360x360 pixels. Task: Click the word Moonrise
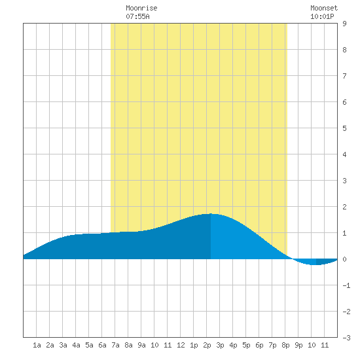[141, 8]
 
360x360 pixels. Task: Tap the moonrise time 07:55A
[137, 16]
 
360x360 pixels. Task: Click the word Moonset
[324, 8]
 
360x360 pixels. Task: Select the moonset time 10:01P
[322, 16]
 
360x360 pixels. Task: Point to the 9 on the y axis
[344, 24]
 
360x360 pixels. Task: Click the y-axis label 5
[344, 128]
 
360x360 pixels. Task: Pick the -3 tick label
[346, 338]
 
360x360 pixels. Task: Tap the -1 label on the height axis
[346, 285]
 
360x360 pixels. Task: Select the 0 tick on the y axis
[344, 259]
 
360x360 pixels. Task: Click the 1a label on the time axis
[37, 345]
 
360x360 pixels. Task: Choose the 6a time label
[102, 345]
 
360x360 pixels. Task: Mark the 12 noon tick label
[181, 345]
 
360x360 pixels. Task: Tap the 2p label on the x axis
[207, 345]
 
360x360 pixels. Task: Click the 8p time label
[285, 345]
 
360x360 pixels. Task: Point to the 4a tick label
[76, 345]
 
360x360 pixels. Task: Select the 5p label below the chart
[246, 345]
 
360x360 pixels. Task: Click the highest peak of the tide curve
[211, 214]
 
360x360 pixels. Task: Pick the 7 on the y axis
[344, 76]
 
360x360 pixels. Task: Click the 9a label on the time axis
[141, 345]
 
